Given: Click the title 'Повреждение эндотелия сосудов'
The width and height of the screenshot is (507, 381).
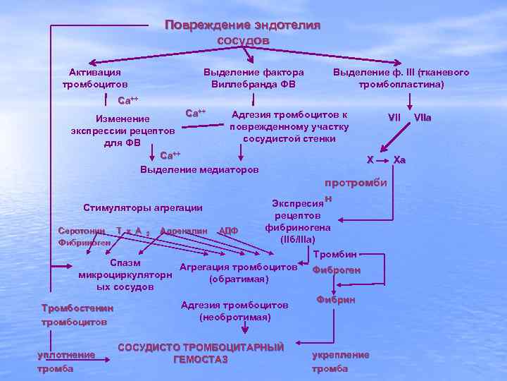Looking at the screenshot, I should (242, 32).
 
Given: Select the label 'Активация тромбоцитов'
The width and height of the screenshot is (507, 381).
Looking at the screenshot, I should (94, 78).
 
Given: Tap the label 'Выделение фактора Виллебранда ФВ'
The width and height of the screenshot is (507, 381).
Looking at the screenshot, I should (254, 78).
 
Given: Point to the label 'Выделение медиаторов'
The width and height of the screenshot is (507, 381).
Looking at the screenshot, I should (199, 170).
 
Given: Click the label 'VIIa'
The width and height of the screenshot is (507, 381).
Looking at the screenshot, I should (423, 116).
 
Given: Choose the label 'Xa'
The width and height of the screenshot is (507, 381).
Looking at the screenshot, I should (399, 160).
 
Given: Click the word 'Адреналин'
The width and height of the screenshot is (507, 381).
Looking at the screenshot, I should (184, 231).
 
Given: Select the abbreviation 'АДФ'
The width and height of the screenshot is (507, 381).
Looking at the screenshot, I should (229, 231).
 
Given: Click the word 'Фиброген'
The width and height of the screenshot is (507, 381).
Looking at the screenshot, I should (336, 270).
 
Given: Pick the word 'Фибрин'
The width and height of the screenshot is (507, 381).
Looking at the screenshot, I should (336, 300).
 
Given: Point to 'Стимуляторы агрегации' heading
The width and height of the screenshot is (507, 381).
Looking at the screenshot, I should (142, 207).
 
